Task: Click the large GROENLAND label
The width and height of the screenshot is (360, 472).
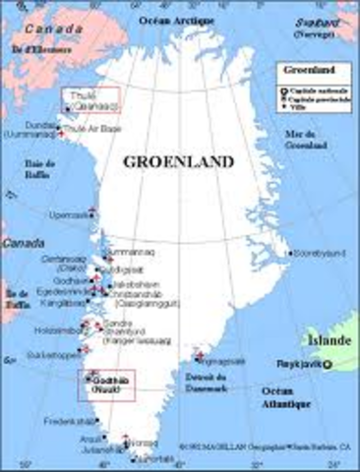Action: point(178,160)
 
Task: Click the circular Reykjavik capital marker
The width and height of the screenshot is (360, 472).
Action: point(329,366)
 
